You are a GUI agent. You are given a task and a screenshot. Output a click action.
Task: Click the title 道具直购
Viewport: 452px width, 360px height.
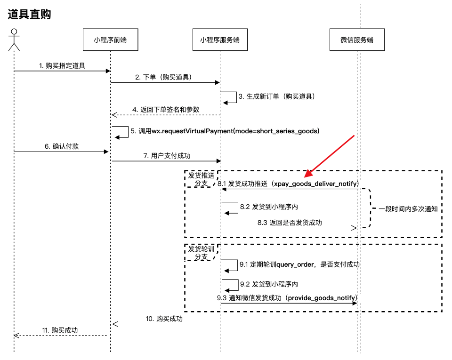[x=30, y=14]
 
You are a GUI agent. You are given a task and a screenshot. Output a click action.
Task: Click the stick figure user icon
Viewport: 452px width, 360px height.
[x=14, y=40]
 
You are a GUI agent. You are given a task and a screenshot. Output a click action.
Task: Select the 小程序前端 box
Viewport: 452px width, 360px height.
[x=110, y=40]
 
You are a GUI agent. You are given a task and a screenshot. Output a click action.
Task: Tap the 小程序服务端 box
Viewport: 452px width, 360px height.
[x=220, y=40]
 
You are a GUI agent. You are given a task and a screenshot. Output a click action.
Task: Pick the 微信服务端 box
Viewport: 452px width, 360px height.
[x=357, y=40]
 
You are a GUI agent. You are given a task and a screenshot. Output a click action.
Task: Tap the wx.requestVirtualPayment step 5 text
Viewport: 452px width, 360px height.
[x=225, y=131]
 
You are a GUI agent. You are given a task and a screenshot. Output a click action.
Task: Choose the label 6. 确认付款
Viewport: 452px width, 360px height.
[x=61, y=146]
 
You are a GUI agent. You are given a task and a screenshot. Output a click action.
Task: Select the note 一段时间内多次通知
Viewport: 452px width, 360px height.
[x=408, y=209]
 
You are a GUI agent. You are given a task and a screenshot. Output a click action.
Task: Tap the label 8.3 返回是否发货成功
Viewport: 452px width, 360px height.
[x=290, y=222]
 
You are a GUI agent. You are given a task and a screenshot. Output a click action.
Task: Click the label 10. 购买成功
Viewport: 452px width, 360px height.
[x=164, y=319]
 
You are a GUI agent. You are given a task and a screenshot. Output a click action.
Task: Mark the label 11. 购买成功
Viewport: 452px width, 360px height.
[x=60, y=330]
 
